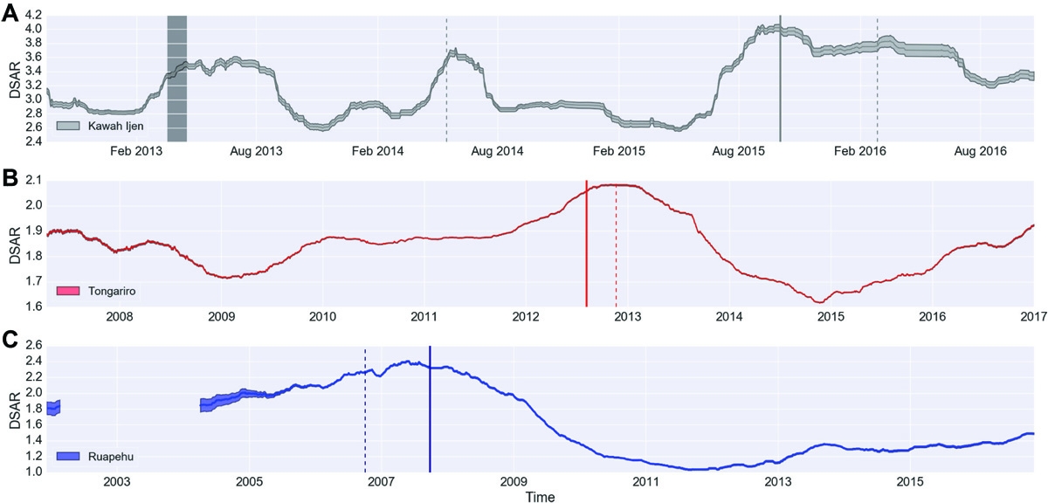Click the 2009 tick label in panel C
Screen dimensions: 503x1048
(514, 481)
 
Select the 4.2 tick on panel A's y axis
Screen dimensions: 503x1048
(31, 15)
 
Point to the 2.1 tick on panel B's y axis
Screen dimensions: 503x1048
(31, 180)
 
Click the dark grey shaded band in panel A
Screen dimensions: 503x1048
(176, 79)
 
